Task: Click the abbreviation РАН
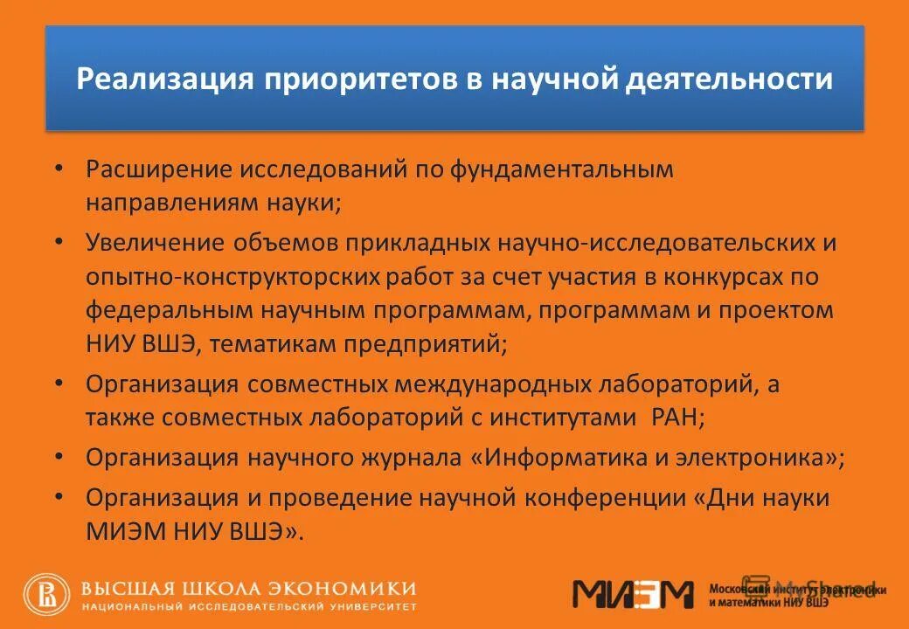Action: pos(676,418)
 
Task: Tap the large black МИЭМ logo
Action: pos(633,594)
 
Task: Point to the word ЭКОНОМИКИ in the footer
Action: pos(354,588)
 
